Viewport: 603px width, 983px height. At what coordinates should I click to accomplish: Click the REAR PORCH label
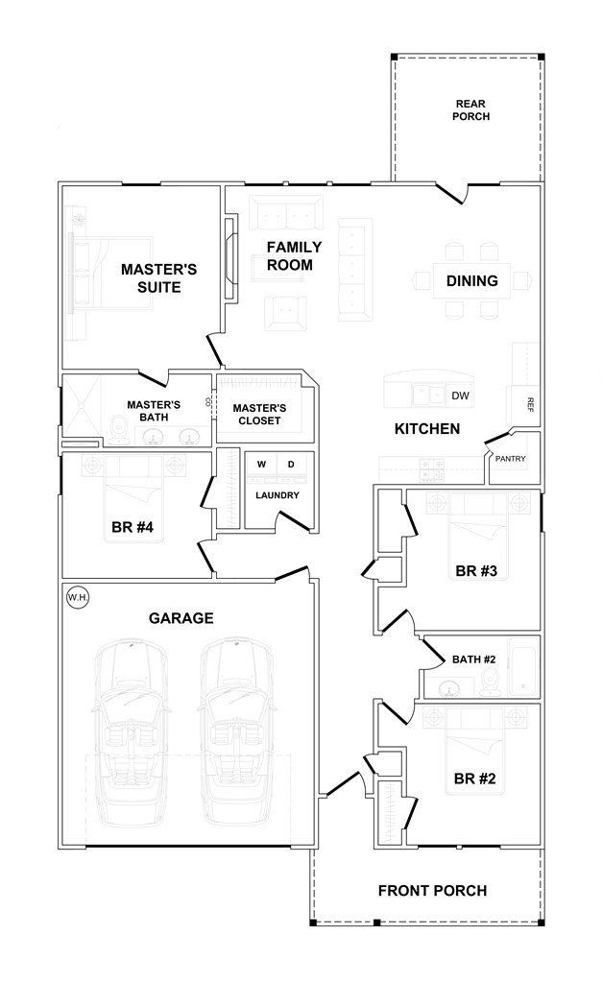point(471,110)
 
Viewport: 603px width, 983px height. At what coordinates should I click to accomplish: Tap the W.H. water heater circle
point(77,598)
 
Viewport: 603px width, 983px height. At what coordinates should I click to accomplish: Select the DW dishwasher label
point(460,396)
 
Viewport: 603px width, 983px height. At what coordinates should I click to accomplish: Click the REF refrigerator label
point(528,405)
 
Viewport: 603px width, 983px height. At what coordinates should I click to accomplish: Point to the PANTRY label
point(510,459)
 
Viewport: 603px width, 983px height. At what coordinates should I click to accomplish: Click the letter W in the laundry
point(260,466)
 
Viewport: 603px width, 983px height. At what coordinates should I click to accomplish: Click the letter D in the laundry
point(291,466)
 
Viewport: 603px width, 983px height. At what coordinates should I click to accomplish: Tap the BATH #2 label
point(473,659)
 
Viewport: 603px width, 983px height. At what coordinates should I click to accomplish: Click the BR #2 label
point(474,779)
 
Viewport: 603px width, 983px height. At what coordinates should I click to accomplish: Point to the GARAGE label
point(181,618)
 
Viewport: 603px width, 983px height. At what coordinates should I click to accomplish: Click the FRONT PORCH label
point(432,891)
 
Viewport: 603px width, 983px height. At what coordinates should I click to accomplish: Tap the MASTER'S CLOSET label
point(258,415)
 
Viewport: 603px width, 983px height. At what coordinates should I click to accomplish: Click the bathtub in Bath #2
point(523,665)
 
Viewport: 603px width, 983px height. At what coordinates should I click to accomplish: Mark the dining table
point(471,280)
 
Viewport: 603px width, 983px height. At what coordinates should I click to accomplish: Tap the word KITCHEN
point(427,429)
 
